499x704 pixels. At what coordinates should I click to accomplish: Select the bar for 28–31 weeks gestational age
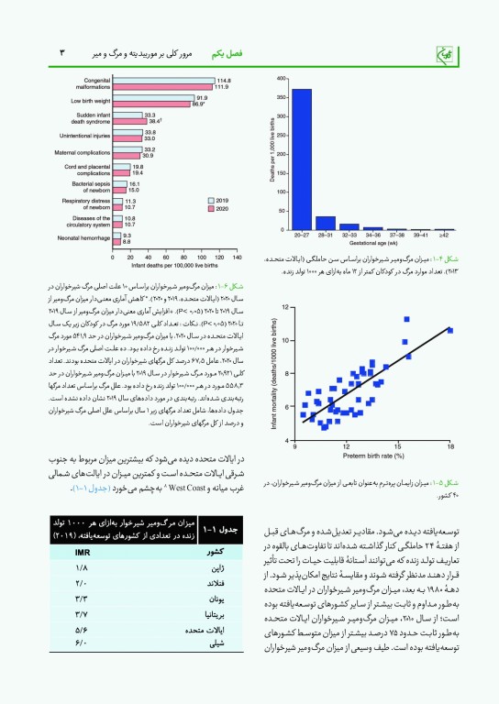pyautogui.click(x=325, y=223)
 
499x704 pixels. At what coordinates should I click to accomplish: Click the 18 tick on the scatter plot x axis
pyautogui.click(x=450, y=447)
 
